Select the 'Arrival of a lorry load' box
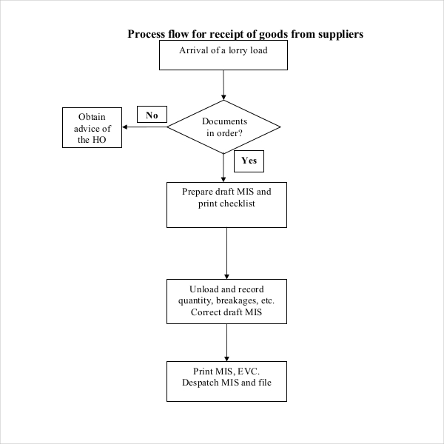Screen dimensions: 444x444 pos(223,55)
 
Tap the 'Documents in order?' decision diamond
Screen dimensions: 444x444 pos(223,127)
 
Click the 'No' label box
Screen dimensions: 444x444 pos(152,115)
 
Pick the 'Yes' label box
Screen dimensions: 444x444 pos(249,160)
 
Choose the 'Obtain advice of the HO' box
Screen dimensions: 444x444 pos(92,128)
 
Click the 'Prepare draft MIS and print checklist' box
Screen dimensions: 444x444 pos(226,204)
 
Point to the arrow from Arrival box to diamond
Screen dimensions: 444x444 pos(223,86)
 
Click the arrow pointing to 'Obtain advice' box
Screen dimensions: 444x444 pos(144,127)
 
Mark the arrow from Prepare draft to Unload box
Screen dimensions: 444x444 pos(226,252)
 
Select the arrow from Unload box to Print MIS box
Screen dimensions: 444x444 pos(226,341)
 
